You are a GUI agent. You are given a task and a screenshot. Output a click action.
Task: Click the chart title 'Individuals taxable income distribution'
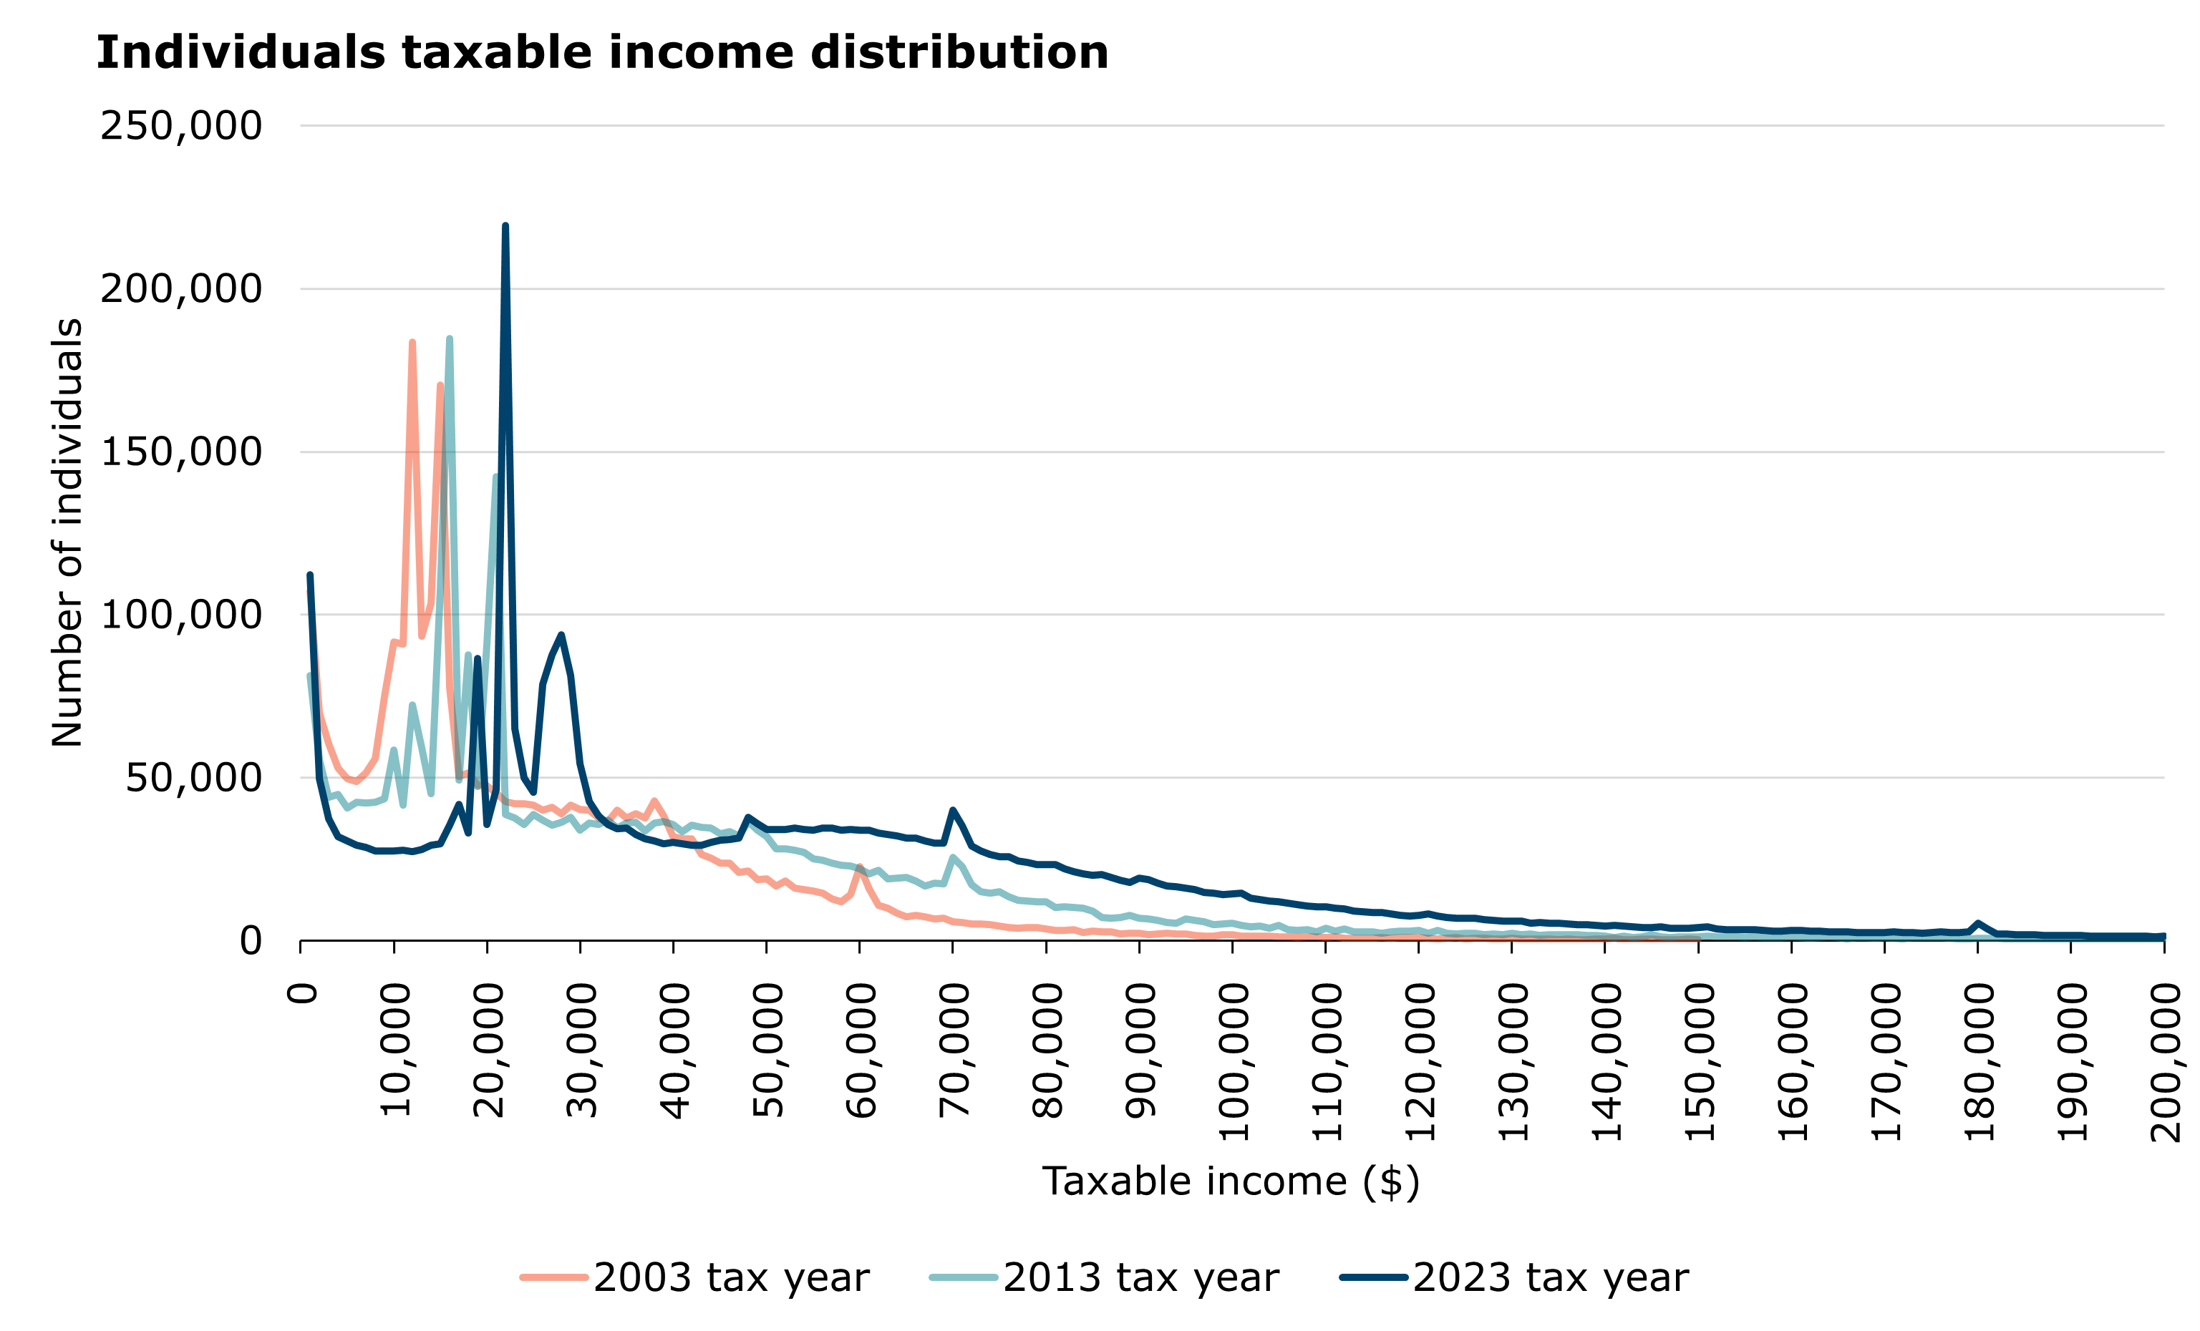click(602, 53)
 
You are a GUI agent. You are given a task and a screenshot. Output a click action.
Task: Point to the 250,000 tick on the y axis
click(181, 126)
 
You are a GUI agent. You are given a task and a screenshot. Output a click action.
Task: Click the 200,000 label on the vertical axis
click(181, 289)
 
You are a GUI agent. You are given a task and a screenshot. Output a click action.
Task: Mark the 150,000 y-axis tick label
click(181, 452)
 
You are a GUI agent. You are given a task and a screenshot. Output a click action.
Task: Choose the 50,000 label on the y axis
click(194, 778)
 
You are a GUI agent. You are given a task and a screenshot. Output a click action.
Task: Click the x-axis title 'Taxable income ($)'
click(1231, 1181)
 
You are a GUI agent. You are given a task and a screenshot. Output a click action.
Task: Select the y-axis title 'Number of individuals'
click(68, 532)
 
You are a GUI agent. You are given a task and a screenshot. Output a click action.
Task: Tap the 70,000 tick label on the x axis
click(954, 1050)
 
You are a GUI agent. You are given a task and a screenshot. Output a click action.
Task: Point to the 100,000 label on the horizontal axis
click(1233, 1063)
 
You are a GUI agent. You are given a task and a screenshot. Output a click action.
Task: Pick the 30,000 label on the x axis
click(581, 1050)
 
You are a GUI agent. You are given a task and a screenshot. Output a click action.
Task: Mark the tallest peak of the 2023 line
click(505, 226)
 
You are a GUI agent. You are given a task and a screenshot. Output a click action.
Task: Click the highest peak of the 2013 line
click(449, 339)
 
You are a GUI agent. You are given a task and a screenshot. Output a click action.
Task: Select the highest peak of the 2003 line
click(412, 343)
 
